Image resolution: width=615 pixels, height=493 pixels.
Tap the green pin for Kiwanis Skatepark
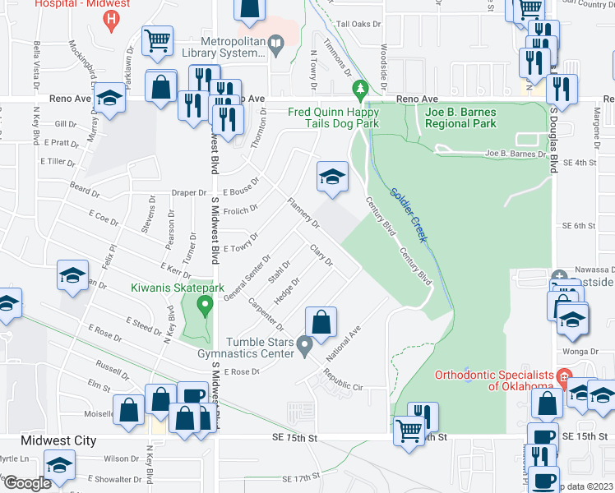(205, 306)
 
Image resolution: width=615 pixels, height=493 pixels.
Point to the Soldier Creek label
(408, 210)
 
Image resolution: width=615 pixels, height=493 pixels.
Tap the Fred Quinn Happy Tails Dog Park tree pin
(358, 88)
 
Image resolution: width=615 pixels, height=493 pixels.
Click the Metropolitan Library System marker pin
(277, 49)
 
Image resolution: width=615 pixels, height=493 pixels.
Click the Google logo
(26, 483)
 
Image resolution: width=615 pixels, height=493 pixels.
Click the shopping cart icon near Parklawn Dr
(157, 40)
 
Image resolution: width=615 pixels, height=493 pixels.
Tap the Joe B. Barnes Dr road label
(516, 154)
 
